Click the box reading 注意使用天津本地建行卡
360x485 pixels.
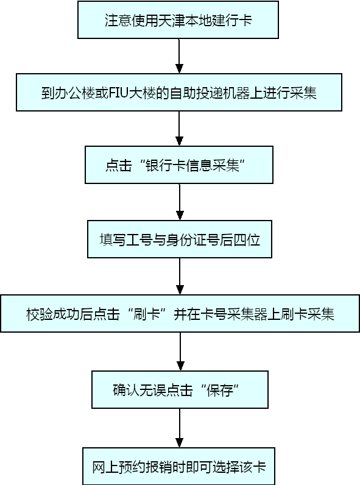point(178,19)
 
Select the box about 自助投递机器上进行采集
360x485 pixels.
point(179,92)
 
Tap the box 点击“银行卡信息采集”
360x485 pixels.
point(179,165)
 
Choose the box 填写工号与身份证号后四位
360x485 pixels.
point(180,239)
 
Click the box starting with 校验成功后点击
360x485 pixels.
point(180,313)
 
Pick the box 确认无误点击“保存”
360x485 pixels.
point(180,389)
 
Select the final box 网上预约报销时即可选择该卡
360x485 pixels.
point(178,466)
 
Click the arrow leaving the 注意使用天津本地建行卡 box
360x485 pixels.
point(179,56)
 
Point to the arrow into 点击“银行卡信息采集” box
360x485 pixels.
point(179,129)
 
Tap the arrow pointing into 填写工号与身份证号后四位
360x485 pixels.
point(180,202)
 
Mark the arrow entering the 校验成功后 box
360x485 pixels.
point(180,276)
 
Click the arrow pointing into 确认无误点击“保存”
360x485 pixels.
point(180,352)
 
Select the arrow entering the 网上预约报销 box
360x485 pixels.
point(179,428)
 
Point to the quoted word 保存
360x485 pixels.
point(220,390)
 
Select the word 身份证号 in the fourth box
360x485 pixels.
point(192,239)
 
